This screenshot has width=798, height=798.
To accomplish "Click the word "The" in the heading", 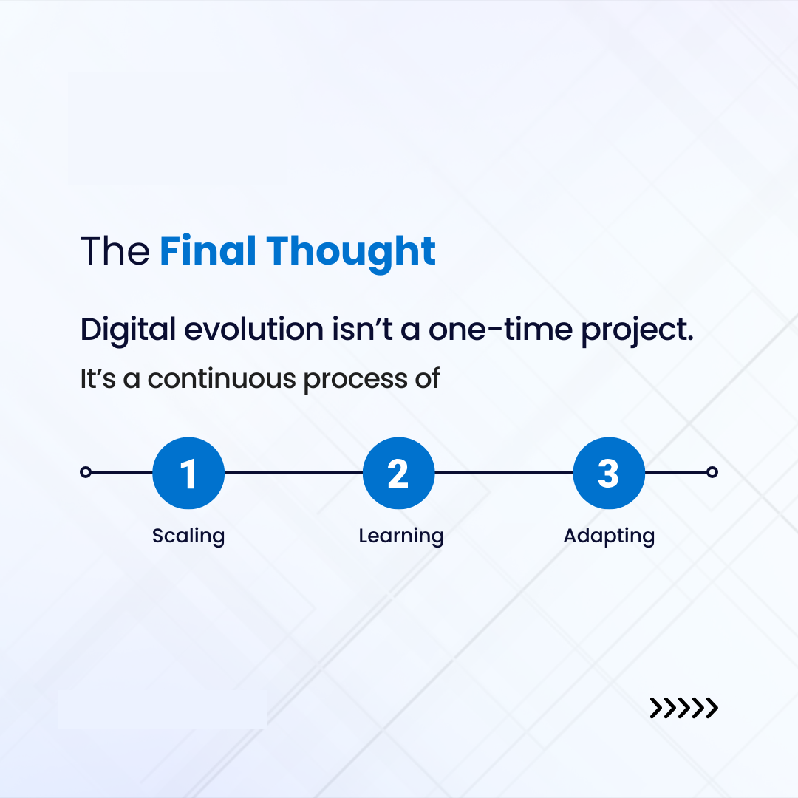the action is [x=115, y=251].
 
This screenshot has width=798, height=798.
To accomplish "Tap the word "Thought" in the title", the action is [x=351, y=253].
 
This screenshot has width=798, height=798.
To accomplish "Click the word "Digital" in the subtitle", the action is [x=129, y=330].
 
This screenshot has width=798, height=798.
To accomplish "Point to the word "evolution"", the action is [x=254, y=329].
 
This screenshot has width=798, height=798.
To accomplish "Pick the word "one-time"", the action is [x=500, y=330].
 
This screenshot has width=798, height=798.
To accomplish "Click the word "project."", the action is [x=637, y=331].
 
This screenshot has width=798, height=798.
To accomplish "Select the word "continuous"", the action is [x=222, y=379].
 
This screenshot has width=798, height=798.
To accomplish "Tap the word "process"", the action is [x=355, y=381].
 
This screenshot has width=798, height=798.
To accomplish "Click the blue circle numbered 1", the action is [x=188, y=473].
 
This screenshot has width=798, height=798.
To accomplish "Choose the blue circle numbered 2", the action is [x=398, y=473].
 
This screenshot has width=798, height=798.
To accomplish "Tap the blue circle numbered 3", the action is [x=609, y=473].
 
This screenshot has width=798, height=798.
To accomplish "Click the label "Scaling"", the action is [x=188, y=536].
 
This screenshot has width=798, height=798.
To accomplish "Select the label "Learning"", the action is [x=401, y=536].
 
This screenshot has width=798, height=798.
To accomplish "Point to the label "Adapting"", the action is [x=609, y=536].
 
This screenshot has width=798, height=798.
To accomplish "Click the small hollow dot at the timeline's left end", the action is [x=86, y=472].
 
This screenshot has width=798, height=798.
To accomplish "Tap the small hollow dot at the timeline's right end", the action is [x=712, y=472].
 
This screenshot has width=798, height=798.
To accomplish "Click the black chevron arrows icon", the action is [x=683, y=708].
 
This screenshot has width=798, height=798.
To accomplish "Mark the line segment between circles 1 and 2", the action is [x=293, y=472].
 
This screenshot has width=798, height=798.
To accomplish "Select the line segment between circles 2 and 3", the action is [x=504, y=472].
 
